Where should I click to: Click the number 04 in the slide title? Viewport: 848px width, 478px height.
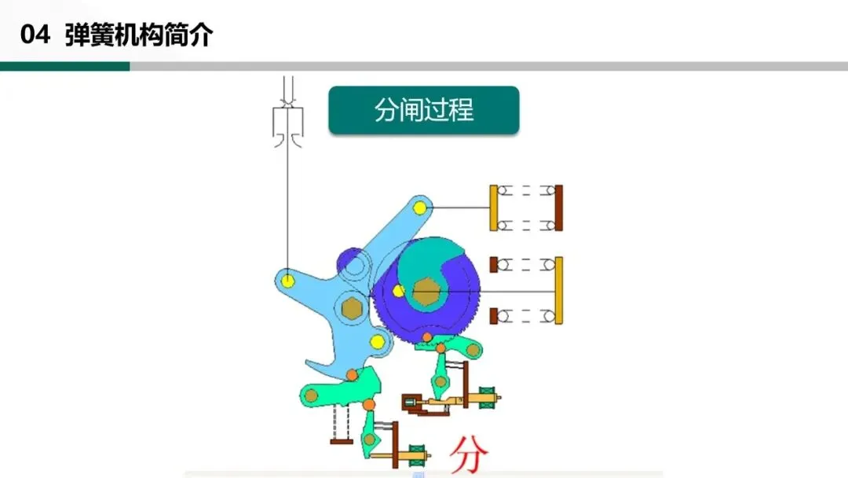coord(35,36)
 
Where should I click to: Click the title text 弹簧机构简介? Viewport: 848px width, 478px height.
coord(139,36)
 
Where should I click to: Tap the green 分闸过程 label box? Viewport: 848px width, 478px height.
coord(424,111)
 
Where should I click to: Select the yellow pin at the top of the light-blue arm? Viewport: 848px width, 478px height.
coord(420,207)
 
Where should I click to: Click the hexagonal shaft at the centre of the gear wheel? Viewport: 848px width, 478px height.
coord(427,292)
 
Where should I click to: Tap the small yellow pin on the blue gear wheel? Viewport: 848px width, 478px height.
coord(399,292)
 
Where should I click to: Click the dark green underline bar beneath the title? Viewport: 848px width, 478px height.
coord(64,67)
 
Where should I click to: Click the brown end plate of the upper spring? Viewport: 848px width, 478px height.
coord(558,208)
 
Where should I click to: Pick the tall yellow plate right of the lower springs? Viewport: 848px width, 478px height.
coord(559,291)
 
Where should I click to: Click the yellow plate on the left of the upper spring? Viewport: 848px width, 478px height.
coord(494,208)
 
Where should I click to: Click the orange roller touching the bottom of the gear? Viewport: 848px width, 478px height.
coord(426,338)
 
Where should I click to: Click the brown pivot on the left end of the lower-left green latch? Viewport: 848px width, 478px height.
coord(312,394)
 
